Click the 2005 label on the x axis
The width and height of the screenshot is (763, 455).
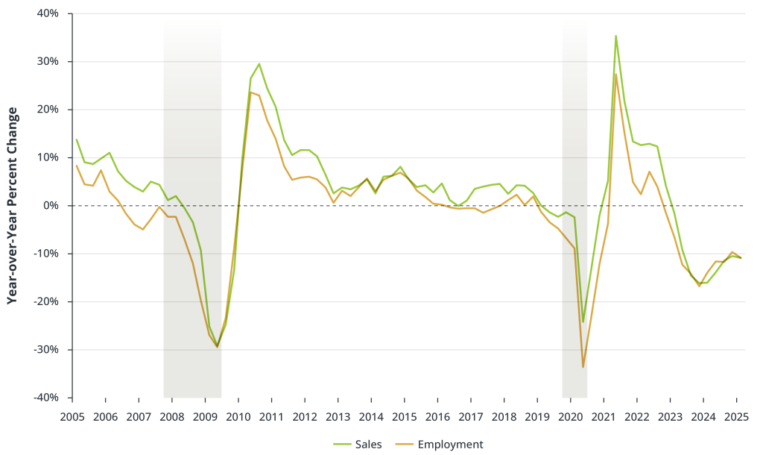coord(72,416)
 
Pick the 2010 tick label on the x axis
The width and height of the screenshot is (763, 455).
coord(238,416)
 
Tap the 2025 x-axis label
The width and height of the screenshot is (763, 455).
coord(736,416)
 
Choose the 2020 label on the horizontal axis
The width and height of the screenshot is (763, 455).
coord(570,416)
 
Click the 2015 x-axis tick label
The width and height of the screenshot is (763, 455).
coord(405,416)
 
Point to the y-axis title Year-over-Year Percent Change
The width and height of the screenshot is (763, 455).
coord(12,205)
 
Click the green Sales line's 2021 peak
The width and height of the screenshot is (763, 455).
coord(615,36)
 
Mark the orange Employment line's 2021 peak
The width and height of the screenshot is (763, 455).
coord(615,74)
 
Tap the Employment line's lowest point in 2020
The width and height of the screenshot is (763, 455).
coord(583,367)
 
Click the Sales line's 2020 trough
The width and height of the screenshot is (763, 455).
coord(583,322)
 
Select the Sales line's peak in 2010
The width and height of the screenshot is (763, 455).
coord(259,64)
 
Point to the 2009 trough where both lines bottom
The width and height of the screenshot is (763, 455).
coord(217,346)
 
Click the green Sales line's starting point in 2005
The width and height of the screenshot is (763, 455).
coord(76,139)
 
